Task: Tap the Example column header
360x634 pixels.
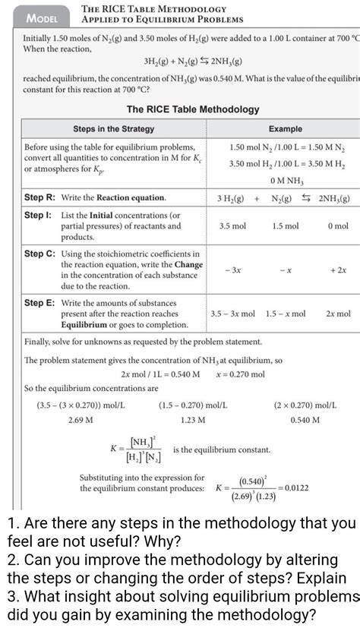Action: (x=285, y=129)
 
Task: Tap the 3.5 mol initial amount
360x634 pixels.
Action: (x=232, y=226)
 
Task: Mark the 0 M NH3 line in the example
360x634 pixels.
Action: (x=285, y=181)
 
